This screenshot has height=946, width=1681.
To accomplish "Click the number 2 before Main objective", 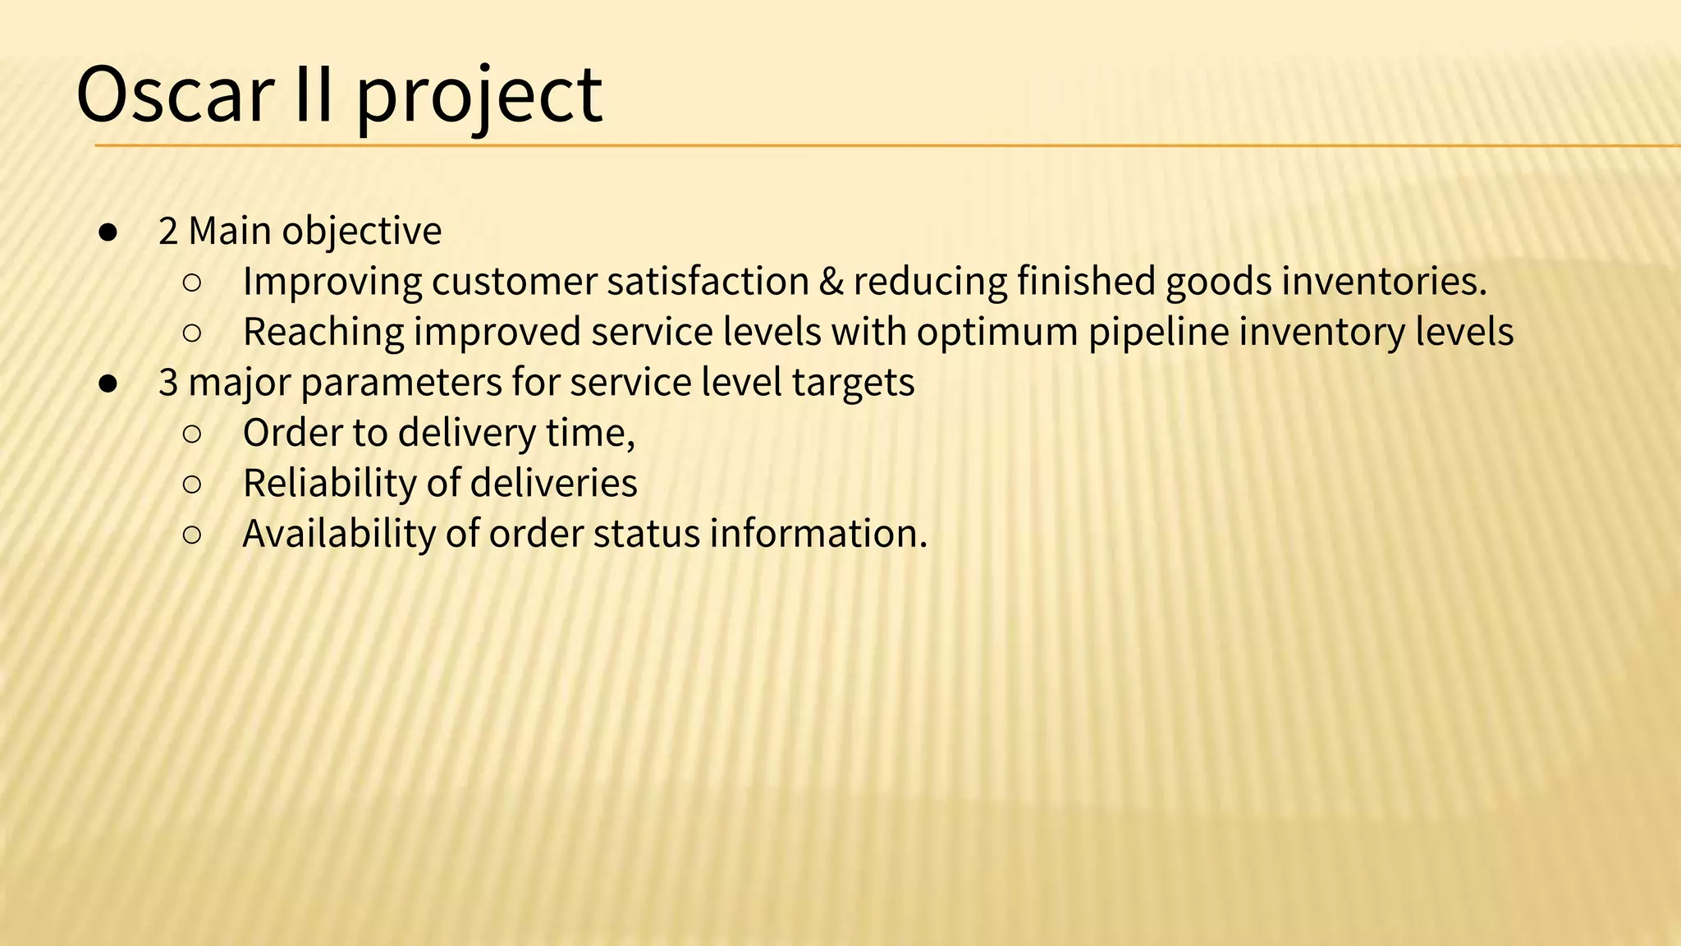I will click(x=168, y=231).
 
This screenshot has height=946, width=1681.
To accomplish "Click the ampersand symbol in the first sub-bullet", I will click(x=831, y=282).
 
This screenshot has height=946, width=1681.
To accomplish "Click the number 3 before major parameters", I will click(x=168, y=383).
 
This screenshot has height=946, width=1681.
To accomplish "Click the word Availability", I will click(x=338, y=535).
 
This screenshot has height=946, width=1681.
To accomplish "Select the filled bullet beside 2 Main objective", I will click(x=108, y=232).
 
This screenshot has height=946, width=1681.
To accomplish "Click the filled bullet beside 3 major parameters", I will click(x=108, y=383).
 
